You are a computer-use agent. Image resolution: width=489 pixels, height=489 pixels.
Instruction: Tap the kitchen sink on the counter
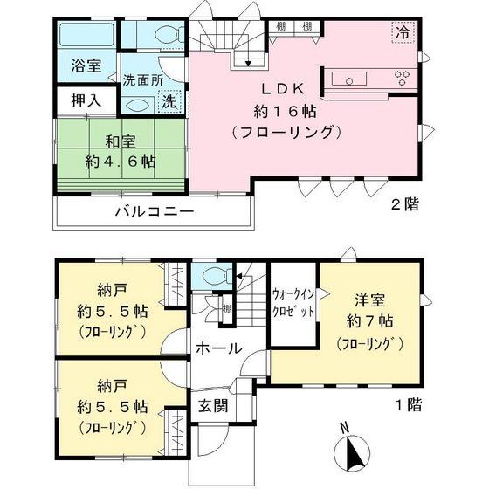pyautogui.click(x=352, y=80)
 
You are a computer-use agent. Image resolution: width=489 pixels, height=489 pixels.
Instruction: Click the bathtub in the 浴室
pyautogui.click(x=85, y=35)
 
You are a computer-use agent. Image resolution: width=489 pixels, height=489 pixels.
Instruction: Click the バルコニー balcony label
pyautogui.click(x=152, y=212)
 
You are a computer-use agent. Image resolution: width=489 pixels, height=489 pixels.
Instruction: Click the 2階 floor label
pyautogui.click(x=404, y=205)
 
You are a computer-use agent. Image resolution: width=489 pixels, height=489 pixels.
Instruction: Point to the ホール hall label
pyautogui.click(x=221, y=348)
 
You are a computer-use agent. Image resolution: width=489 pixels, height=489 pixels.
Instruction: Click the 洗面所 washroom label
pyautogui.click(x=142, y=79)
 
